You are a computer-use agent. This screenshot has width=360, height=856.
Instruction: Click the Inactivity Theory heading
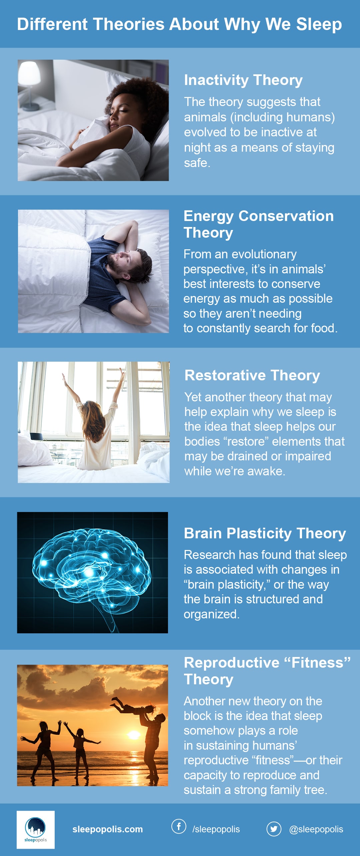243,80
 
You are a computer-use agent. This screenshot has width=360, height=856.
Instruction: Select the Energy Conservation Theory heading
259,224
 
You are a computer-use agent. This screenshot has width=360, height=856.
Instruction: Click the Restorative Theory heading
252,375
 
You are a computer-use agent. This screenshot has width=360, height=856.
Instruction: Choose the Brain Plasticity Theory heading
265,533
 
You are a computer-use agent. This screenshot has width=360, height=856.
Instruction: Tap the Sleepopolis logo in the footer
36,830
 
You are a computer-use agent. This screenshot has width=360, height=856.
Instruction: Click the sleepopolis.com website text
108,829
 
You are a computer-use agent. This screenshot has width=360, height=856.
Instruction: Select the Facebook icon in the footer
179,827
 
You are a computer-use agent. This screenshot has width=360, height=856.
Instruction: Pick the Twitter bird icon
274,829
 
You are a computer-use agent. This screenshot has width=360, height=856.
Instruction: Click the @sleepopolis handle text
316,829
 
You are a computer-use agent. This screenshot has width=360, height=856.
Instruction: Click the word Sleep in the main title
319,25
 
